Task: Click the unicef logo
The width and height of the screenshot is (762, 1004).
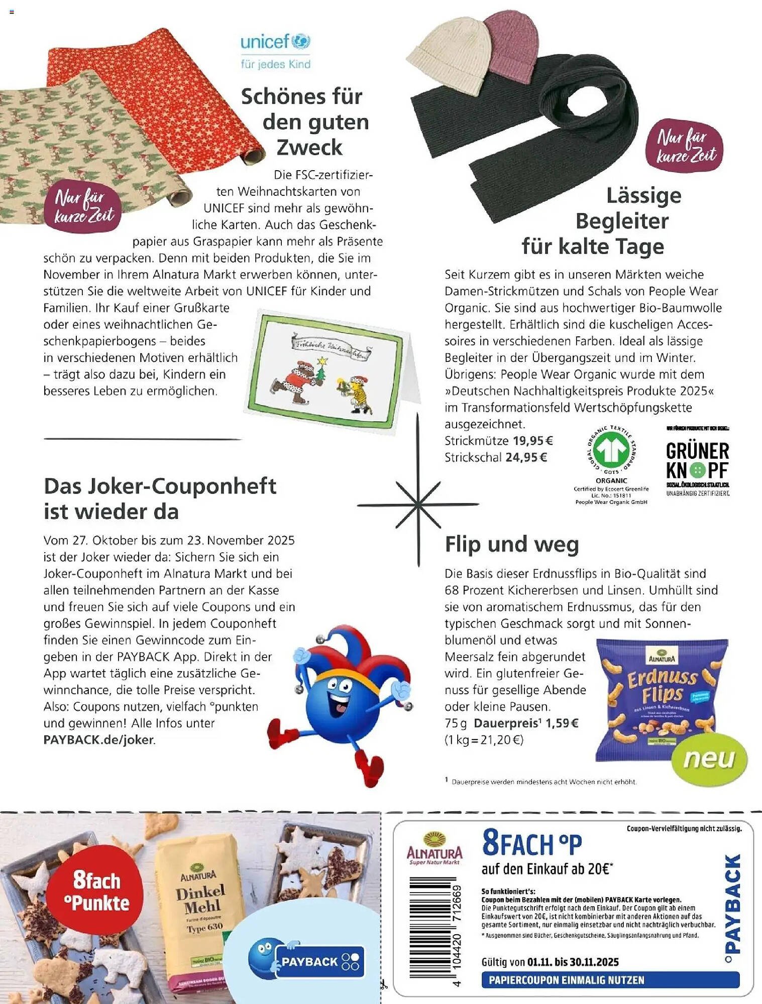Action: pos(275,51)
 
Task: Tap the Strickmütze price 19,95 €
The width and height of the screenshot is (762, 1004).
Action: pos(532,441)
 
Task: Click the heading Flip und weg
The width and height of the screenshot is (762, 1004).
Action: pos(512,544)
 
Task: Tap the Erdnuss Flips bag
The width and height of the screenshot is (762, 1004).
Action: pos(661,698)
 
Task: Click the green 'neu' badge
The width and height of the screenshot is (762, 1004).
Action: pos(709,759)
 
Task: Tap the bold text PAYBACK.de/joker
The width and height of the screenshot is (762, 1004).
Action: pos(99,739)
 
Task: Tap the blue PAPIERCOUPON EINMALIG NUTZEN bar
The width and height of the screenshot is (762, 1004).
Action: pos(610,980)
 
